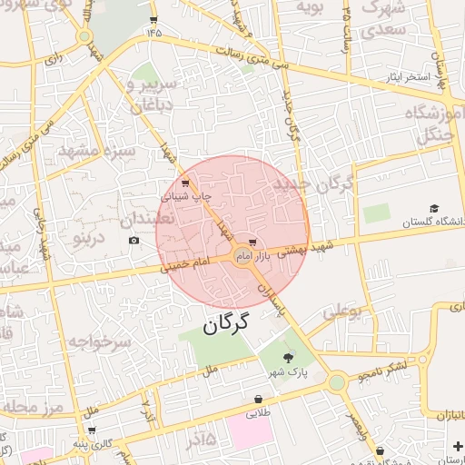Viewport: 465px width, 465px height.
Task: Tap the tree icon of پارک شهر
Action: (x=289, y=358)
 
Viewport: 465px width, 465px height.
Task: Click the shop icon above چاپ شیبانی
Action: (x=185, y=183)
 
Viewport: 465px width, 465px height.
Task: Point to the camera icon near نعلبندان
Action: (x=134, y=240)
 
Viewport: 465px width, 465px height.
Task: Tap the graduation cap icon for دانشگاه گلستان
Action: (x=433, y=209)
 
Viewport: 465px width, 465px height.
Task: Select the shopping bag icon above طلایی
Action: (x=259, y=398)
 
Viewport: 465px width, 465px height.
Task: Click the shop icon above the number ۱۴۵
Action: (x=153, y=19)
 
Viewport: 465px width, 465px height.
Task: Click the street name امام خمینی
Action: (x=185, y=264)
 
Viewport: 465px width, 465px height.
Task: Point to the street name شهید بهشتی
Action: (x=294, y=251)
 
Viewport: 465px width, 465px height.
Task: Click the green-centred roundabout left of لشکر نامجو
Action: (x=337, y=382)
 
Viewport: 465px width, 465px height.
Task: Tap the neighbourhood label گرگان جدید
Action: (x=312, y=185)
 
